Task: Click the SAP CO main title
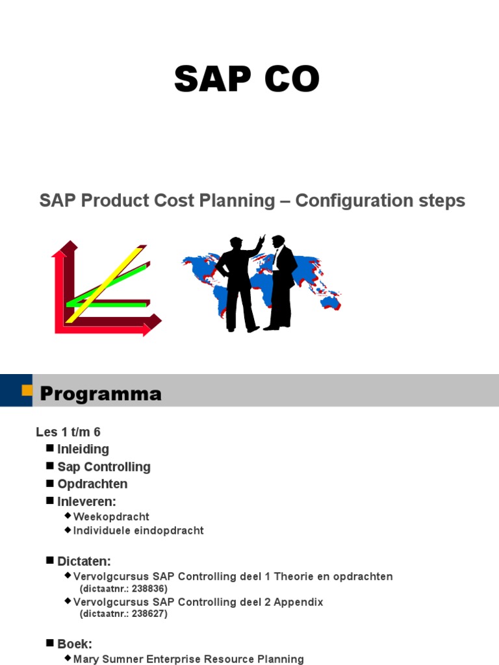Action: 247,81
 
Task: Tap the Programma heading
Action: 101,394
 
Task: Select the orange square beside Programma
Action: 27,390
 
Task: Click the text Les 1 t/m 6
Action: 68,432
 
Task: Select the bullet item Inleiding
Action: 83,449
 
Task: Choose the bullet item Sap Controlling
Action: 103,467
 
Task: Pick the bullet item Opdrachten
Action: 92,484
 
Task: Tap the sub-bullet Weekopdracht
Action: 111,517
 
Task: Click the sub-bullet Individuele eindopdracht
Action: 138,531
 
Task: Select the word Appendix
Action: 298,602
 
